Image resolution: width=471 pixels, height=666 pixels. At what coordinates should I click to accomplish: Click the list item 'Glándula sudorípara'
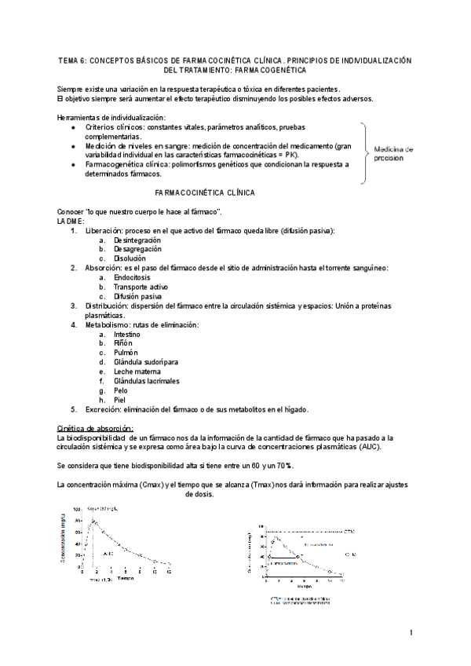pos(146,362)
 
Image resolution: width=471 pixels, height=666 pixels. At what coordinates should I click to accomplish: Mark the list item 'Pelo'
pos(121,390)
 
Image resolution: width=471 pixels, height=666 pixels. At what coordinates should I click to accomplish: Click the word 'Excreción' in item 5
pos(103,409)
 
